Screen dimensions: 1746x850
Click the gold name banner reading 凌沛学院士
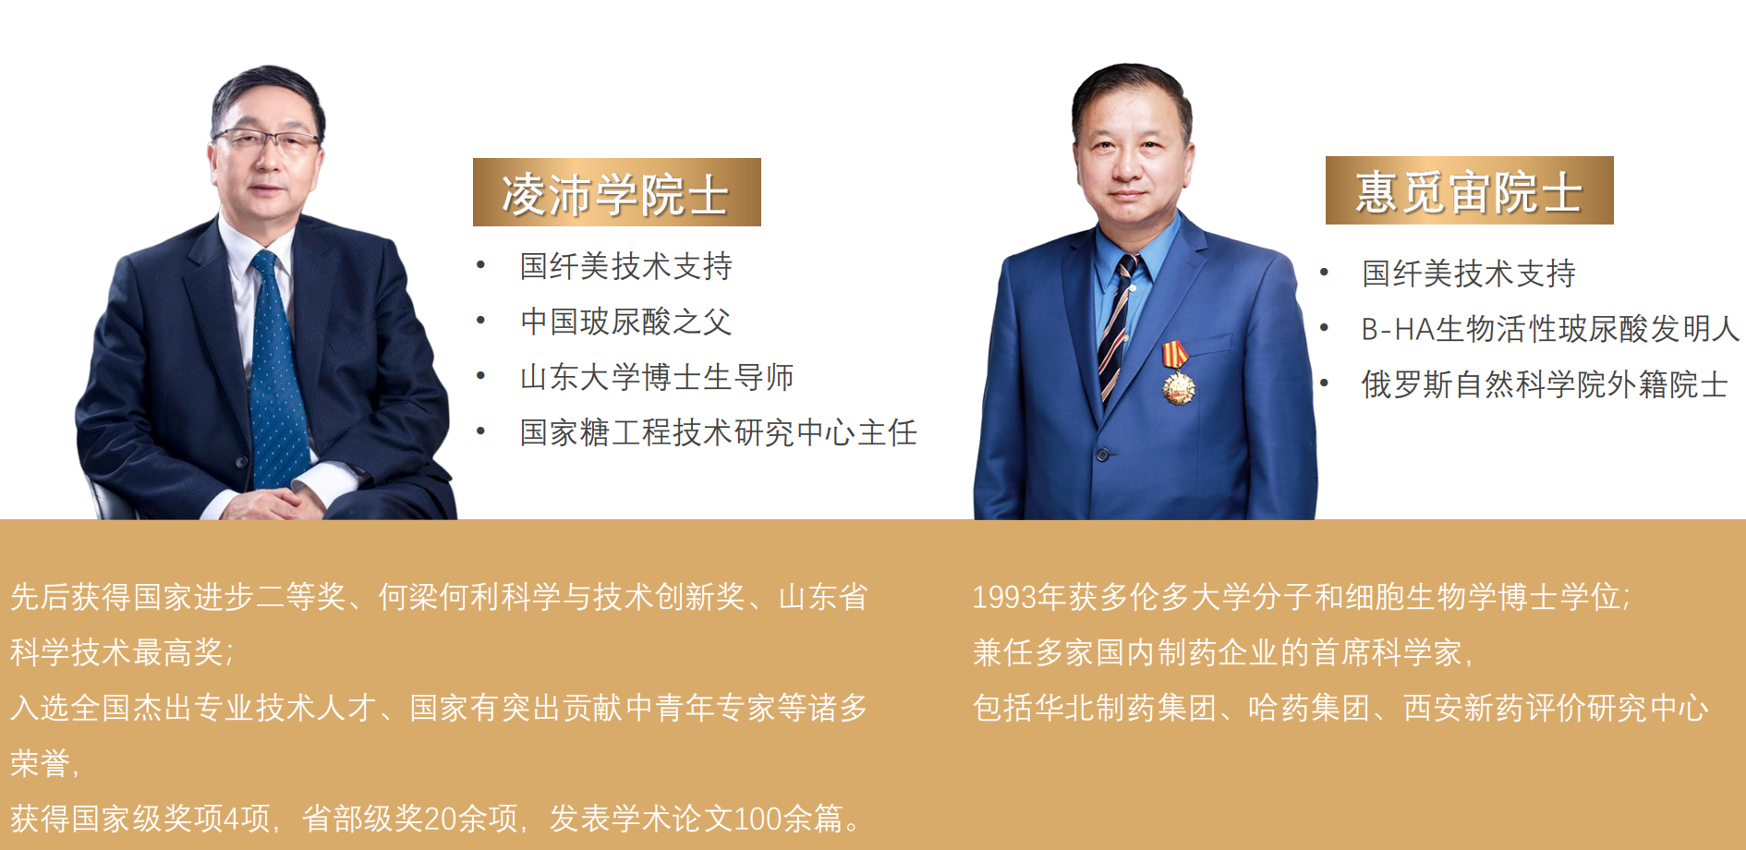point(617,192)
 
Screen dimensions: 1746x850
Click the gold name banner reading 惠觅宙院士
point(1470,190)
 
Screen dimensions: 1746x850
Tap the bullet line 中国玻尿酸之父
point(626,322)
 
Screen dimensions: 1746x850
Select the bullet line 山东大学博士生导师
point(657,377)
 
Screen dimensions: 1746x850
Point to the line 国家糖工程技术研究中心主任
point(719,432)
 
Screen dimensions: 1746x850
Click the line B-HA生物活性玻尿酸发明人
point(1550,329)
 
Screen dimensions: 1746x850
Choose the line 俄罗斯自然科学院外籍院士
point(1545,384)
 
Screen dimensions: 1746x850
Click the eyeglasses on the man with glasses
point(268,141)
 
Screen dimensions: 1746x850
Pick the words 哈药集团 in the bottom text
point(1309,708)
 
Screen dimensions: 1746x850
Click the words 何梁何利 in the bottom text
point(439,597)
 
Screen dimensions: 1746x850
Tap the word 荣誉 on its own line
point(40,763)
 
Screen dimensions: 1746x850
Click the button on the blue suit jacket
point(1102,455)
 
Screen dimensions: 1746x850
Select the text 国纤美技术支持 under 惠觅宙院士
point(1469,273)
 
